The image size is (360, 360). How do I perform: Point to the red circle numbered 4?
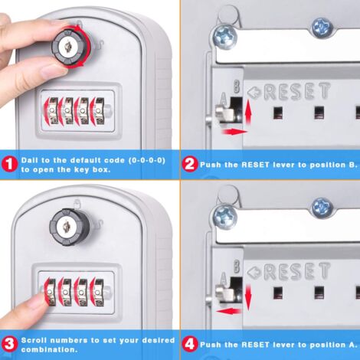pos(189,343)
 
